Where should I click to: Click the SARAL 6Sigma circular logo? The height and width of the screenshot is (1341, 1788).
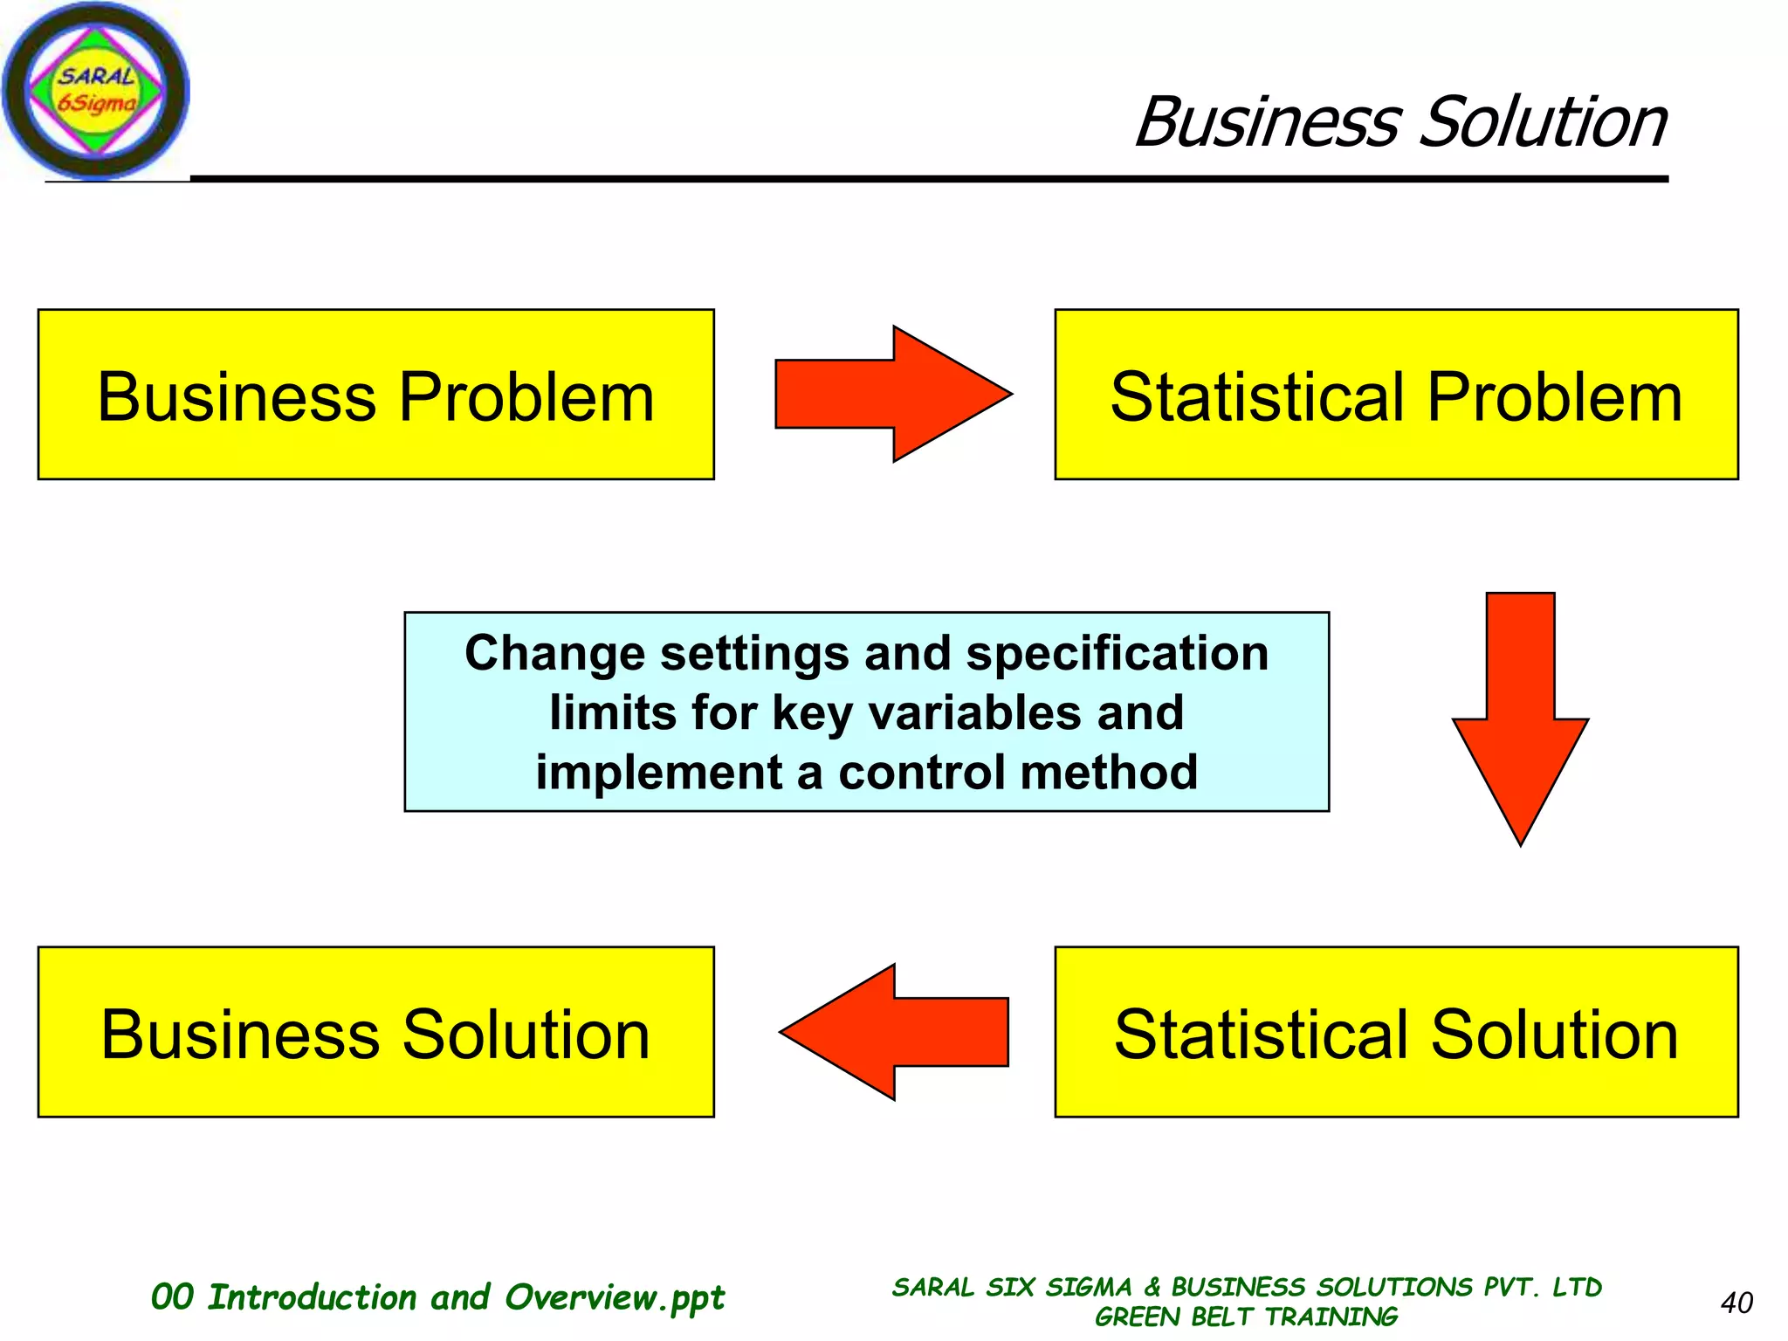click(x=95, y=91)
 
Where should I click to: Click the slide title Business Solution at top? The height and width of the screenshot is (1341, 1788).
click(x=1400, y=122)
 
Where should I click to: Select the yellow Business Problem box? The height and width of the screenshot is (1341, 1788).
click(x=375, y=395)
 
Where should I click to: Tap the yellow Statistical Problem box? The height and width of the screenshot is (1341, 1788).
click(x=1395, y=395)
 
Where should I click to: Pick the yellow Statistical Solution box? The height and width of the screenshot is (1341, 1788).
click(x=1395, y=1032)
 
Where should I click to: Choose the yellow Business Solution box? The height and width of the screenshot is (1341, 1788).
click(x=375, y=1032)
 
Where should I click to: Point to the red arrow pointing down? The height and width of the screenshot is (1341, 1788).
click(x=1520, y=716)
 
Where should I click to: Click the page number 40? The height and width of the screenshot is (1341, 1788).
click(x=1736, y=1303)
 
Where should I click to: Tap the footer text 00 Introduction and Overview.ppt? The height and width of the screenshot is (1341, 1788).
click(x=437, y=1297)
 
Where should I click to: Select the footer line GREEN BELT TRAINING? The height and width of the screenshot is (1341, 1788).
click(x=1246, y=1317)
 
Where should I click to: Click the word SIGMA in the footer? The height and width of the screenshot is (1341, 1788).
click(x=1088, y=1287)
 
